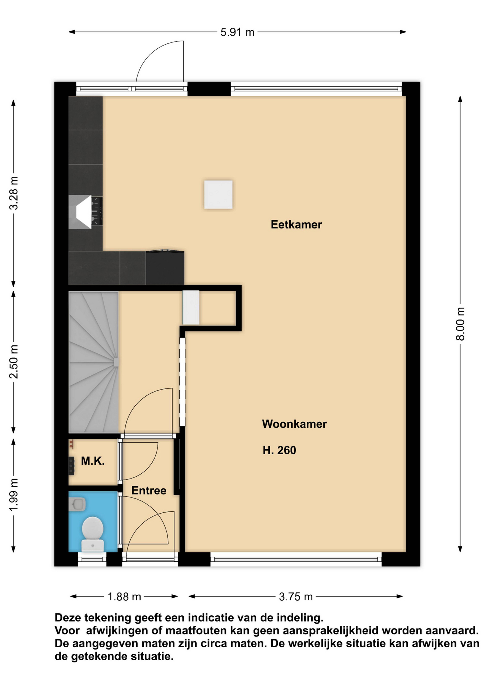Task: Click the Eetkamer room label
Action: pyautogui.click(x=296, y=224)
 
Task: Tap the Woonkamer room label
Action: pyautogui.click(x=294, y=424)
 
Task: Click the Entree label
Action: pyautogui.click(x=149, y=490)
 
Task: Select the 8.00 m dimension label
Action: pyautogui.click(x=460, y=324)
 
